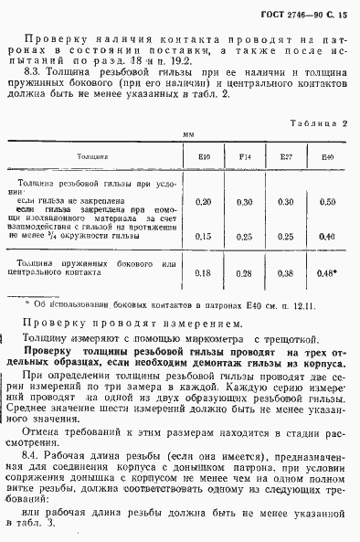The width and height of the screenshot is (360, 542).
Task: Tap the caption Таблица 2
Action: point(313,121)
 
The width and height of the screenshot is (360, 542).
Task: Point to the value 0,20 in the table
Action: point(204,201)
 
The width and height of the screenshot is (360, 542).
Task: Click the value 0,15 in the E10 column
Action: point(204,235)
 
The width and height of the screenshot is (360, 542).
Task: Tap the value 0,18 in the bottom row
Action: point(204,272)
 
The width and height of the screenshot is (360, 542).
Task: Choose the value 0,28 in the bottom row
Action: point(244,272)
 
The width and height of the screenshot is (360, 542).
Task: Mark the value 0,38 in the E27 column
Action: point(285,272)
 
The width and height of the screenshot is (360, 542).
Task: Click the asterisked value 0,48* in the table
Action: point(328,272)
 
